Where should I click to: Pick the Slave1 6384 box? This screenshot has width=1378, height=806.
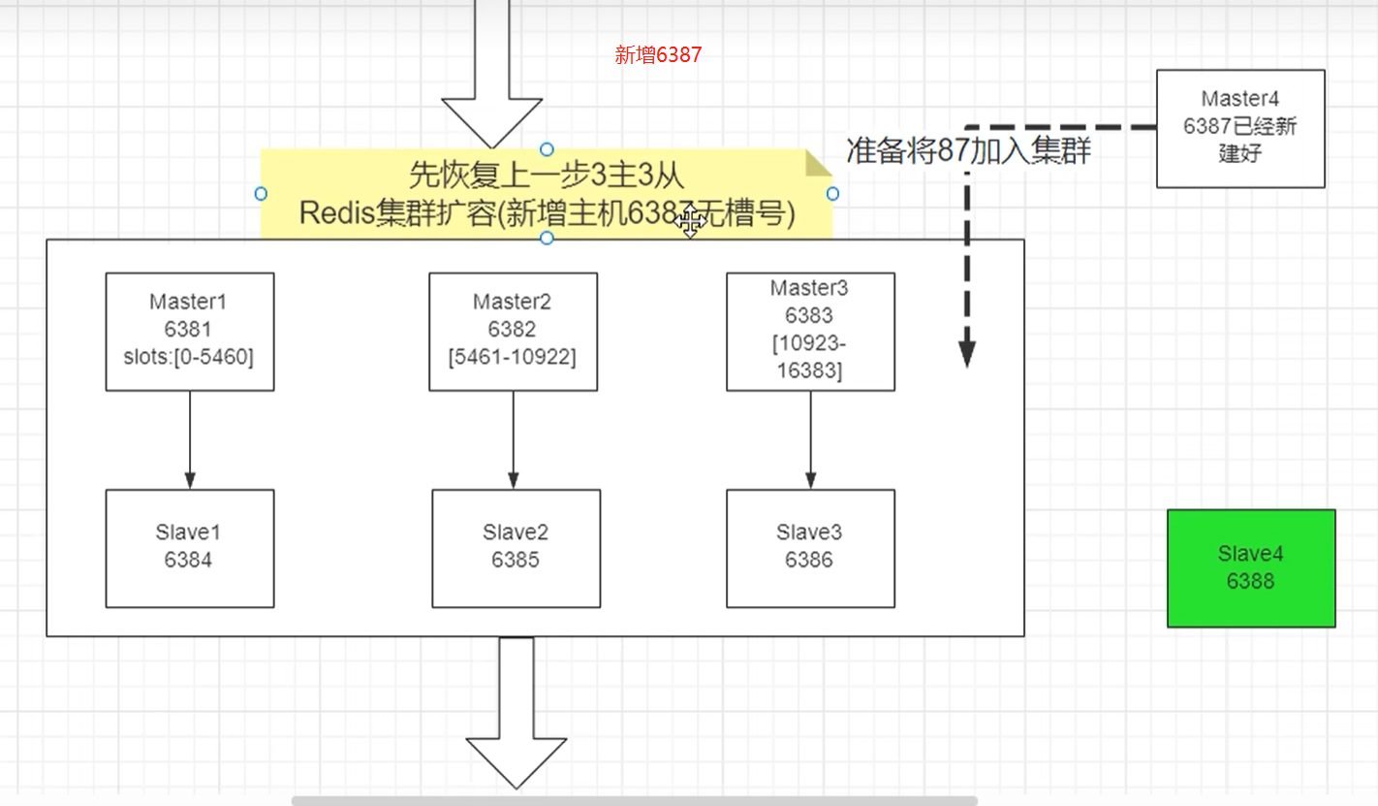pos(189,547)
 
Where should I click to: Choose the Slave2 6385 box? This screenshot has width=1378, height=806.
pos(516,547)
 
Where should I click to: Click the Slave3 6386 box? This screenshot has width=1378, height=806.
pos(810,547)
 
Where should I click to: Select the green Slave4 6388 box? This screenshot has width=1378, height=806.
pos(1250,567)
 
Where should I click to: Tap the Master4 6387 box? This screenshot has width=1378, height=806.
pos(1239,127)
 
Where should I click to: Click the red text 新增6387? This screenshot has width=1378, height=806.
pos(658,55)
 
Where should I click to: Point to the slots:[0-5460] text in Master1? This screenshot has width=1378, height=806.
pos(189,357)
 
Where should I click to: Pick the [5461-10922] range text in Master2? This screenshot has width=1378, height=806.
pos(513,357)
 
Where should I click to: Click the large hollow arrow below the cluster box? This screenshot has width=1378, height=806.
pos(517,718)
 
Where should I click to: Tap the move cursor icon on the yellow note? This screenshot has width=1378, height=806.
pos(689,223)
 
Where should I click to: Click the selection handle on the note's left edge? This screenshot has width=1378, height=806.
pos(261,194)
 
